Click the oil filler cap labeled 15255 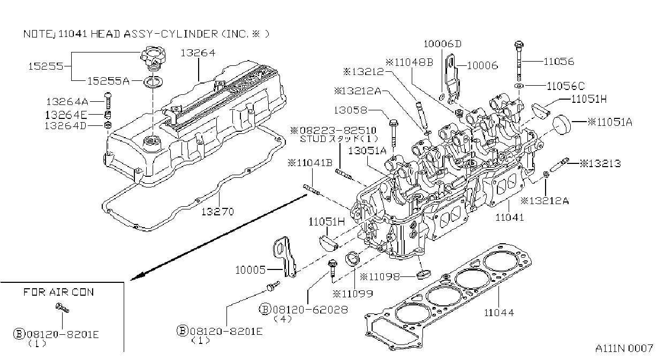pyautogui.click(x=153, y=59)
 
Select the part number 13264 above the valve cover pyautogui.click(x=198, y=53)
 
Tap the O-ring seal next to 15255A pyautogui.click(x=153, y=82)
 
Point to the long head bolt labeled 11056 pyautogui.click(x=519, y=61)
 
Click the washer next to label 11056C pyautogui.click(x=519, y=86)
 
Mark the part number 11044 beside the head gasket pyautogui.click(x=499, y=313)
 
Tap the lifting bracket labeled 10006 pyautogui.click(x=452, y=79)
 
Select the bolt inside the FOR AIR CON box pyautogui.click(x=62, y=307)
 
